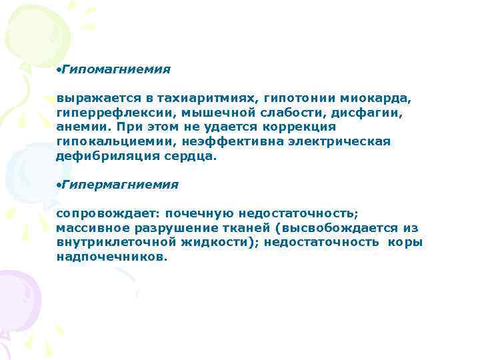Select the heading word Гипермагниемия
(x=120, y=184)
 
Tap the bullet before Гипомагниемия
(x=59, y=70)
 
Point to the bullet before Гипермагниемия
(x=59, y=185)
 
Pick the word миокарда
(x=383, y=98)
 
